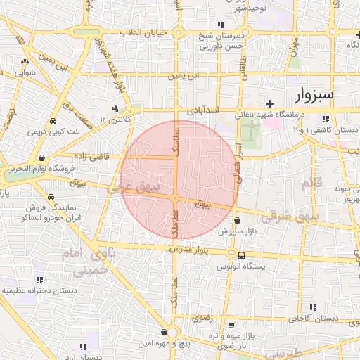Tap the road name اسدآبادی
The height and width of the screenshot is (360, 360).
click(x=204, y=111)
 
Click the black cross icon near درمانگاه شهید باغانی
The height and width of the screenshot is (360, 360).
click(x=269, y=103)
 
